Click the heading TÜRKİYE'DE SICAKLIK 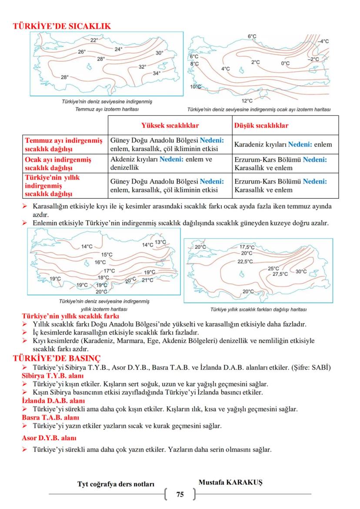[x=62, y=26]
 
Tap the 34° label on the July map [x=157, y=73]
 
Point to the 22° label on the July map [x=94, y=40]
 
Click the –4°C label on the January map [x=323, y=41]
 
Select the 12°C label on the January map [x=247, y=100]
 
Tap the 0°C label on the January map [x=285, y=64]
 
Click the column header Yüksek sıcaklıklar [x=170, y=126]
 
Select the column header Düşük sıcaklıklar [x=261, y=126]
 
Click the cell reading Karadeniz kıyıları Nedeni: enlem [x=283, y=144]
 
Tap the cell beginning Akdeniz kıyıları [x=161, y=164]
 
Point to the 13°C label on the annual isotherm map [x=160, y=242]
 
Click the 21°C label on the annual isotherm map [x=147, y=280]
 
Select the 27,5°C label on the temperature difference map [x=280, y=274]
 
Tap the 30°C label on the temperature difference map [x=301, y=271]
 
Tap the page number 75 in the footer [x=180, y=494]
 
